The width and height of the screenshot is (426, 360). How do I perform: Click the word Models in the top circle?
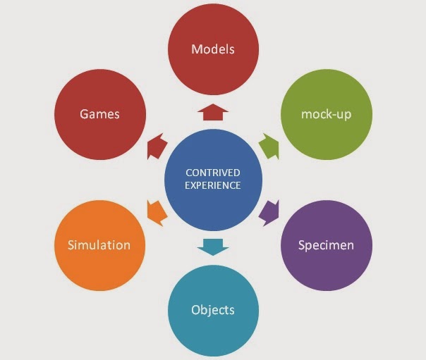[x=213, y=50]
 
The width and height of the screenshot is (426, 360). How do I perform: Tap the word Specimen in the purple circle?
[x=326, y=245]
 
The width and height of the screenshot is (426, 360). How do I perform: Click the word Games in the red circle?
[x=99, y=113]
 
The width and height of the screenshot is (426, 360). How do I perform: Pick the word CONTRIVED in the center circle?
[x=213, y=173]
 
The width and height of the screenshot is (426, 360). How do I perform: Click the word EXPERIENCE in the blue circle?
[x=213, y=185]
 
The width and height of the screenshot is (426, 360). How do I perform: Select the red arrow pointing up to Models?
[x=213, y=112]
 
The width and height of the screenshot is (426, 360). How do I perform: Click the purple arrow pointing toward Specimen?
[x=269, y=211]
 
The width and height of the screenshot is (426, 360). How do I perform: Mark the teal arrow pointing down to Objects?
[x=213, y=246]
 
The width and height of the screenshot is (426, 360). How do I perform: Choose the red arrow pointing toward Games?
[x=157, y=147]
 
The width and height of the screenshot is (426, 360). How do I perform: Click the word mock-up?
[x=326, y=113]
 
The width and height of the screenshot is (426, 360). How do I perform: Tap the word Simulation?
[x=99, y=245]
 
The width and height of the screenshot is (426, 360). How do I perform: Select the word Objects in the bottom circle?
[x=213, y=310]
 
